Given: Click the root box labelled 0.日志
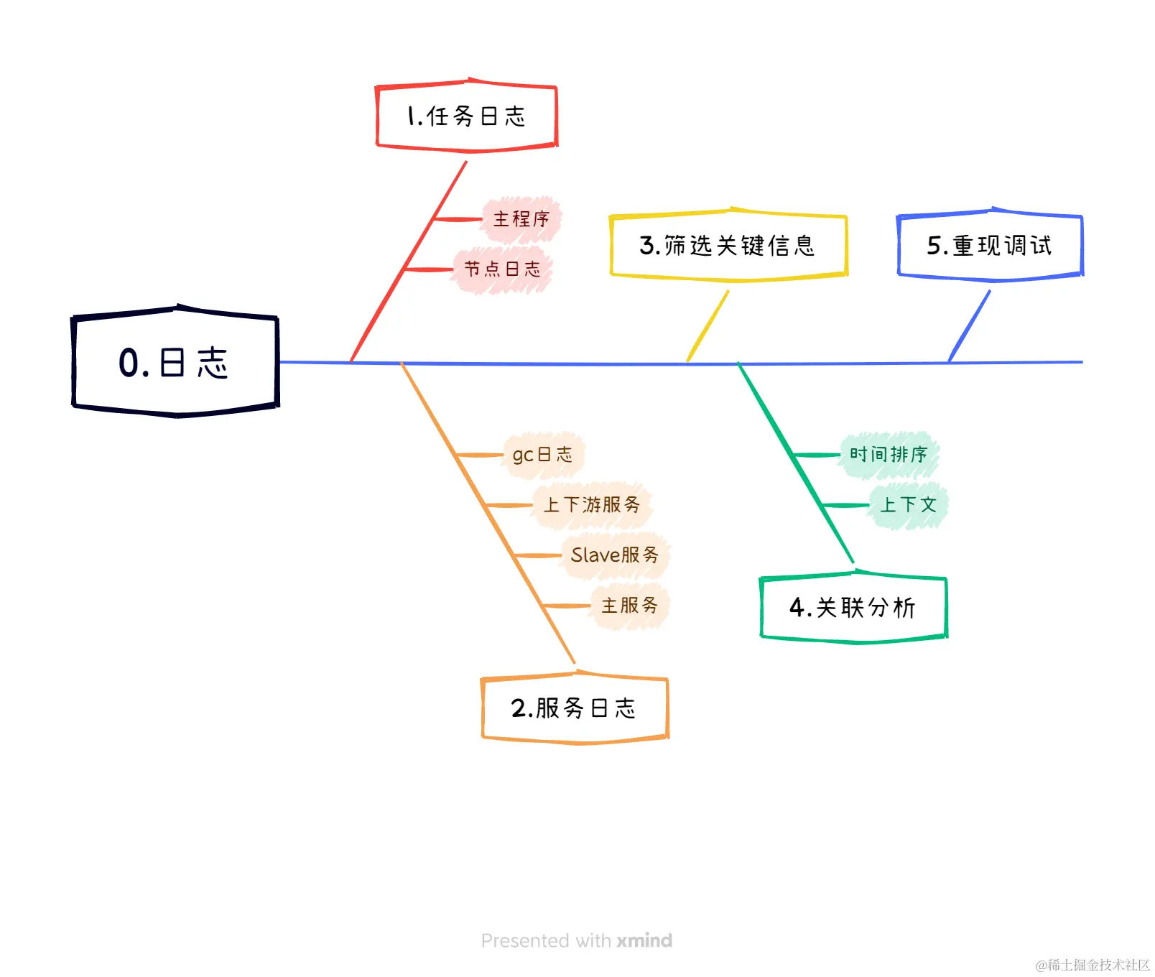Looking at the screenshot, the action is (175, 361).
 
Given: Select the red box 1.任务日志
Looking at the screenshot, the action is (467, 116).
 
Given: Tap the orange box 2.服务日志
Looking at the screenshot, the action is (575, 708).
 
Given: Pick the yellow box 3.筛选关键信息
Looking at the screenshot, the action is (728, 246).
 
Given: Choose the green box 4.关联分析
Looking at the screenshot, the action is (853, 608).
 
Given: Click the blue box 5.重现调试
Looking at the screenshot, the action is (990, 246).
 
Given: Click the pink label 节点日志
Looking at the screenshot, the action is (502, 269).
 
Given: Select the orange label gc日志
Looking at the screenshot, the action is (543, 455).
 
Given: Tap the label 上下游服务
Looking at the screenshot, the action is (592, 505).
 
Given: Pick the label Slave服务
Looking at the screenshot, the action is (615, 555).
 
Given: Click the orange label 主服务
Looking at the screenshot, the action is (630, 606).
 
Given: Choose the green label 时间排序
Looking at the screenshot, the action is (889, 455).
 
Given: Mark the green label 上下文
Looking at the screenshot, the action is (909, 505).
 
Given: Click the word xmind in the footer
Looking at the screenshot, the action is (644, 940).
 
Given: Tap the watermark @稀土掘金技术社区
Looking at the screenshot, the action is (1092, 965).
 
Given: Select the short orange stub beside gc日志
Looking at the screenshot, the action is (480, 455).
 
